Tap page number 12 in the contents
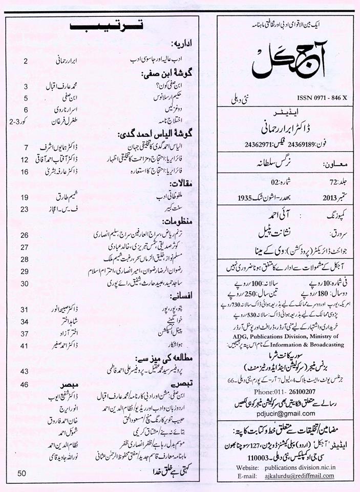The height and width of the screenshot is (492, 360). click(x=25, y=160)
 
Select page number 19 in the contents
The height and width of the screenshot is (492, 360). click(x=25, y=197)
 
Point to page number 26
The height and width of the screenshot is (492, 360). click(x=25, y=235)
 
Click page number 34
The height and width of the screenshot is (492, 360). click(x=25, y=321)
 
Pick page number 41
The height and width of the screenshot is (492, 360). click(x=25, y=346)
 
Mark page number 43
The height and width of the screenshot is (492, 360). click(x=25, y=371)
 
